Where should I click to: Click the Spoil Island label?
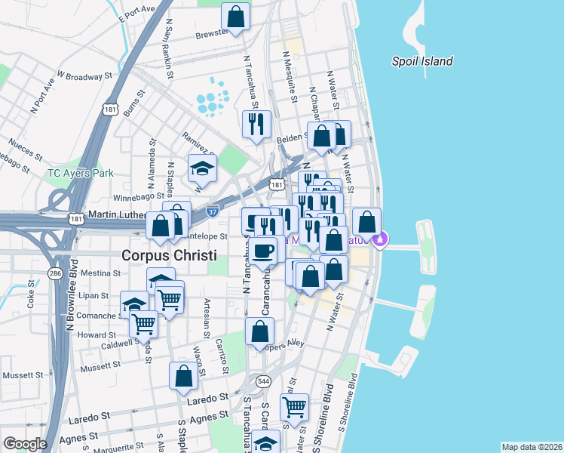tap(422, 62)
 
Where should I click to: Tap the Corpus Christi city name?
tap(169, 255)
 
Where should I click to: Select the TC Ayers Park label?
tap(80, 173)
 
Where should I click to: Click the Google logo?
tap(25, 444)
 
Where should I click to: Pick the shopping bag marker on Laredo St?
tap(183, 376)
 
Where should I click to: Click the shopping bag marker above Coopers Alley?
tap(259, 331)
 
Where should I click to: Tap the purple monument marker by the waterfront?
tap(382, 240)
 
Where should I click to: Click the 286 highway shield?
tap(54, 272)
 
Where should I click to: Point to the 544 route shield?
tap(262, 381)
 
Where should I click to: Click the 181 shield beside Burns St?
tap(111, 109)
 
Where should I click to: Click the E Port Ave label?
tap(136, 14)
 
